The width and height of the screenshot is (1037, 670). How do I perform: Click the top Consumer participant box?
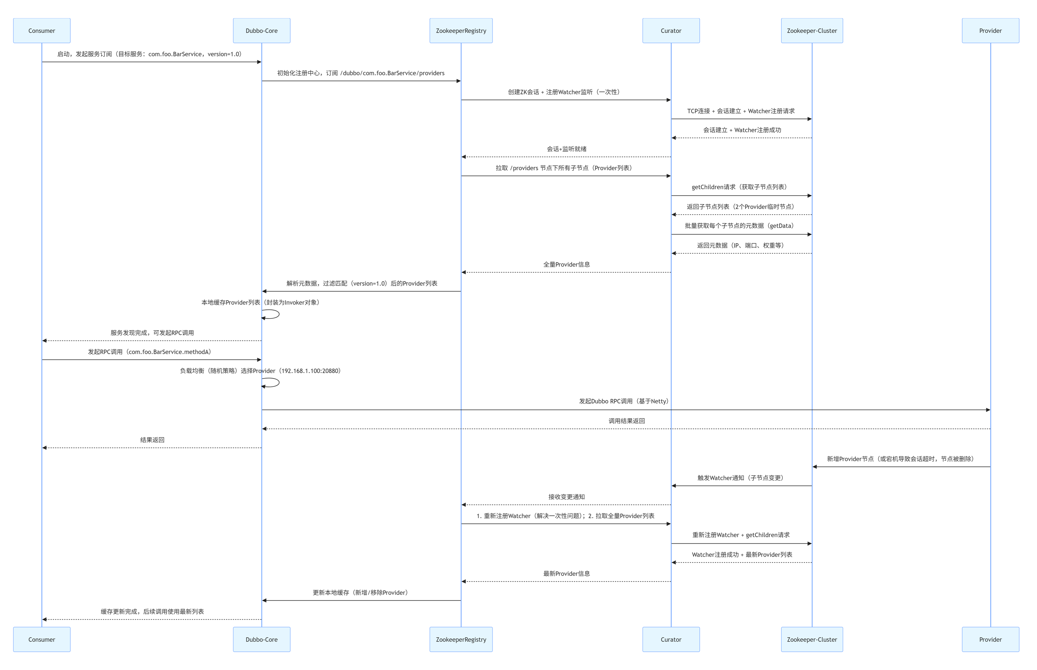[x=42, y=30]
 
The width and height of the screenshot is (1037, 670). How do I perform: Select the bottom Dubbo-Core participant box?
[x=261, y=639]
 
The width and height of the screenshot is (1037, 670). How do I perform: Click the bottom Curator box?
[x=671, y=639]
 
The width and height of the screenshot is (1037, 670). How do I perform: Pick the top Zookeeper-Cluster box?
[x=812, y=30]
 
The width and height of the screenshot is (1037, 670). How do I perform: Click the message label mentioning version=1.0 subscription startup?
[x=149, y=54]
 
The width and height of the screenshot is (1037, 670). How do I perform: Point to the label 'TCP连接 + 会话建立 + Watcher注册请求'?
[x=741, y=111]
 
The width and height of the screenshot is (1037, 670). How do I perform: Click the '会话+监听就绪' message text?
[x=566, y=149]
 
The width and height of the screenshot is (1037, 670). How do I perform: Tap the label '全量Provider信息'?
[x=566, y=265]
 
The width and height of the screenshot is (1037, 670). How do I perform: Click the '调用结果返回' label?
[x=626, y=421]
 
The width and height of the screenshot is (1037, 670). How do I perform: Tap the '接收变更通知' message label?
[x=566, y=497]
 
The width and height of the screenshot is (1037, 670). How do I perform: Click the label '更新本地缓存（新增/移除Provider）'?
[x=361, y=593]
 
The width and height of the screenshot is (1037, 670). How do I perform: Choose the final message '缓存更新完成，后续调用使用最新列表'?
[x=152, y=612]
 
